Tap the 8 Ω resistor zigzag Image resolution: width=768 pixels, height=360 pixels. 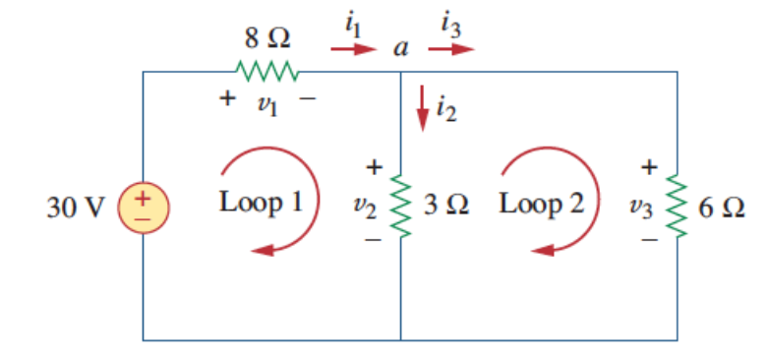pos(266,71)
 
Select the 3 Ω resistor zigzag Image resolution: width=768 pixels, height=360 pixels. pos(400,207)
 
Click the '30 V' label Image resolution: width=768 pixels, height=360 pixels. pos(75,208)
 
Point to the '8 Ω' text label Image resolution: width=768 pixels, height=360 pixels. pos(266,39)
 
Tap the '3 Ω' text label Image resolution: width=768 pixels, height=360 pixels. pos(445,206)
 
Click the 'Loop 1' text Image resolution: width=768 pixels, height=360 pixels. pos(260,204)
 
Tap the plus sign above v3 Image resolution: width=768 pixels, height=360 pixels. pos(649,167)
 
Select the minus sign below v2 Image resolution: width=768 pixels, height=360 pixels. pos(373,239)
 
